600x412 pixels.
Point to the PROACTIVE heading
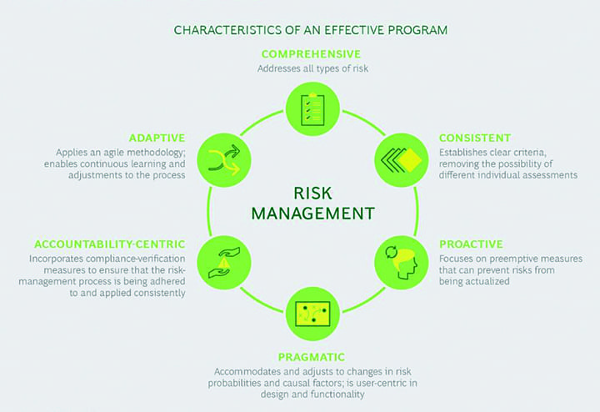(x=470, y=244)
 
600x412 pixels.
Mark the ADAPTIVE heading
(x=157, y=137)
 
